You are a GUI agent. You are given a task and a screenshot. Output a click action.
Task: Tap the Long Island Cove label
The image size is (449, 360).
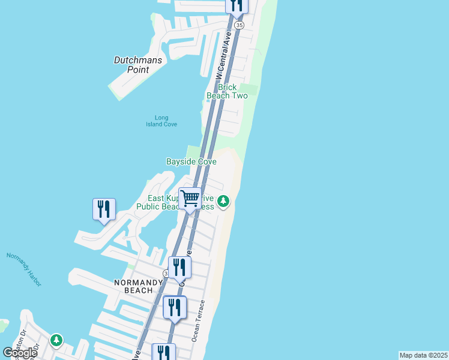[x=157, y=121]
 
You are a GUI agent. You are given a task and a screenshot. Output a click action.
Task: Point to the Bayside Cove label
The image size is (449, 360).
[x=191, y=161]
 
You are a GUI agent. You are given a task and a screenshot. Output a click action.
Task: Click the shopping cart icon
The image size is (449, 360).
[x=190, y=198]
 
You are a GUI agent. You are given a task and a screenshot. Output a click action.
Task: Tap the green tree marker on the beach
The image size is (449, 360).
[x=223, y=201]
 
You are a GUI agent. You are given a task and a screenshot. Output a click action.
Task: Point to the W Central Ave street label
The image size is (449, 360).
[x=223, y=55]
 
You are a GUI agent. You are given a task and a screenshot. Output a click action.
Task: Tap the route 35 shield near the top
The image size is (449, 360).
[x=240, y=25]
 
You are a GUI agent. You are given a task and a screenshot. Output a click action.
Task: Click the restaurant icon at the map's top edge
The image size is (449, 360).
[x=237, y=5]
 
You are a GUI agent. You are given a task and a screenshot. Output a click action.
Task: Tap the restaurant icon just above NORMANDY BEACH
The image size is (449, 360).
[x=179, y=267]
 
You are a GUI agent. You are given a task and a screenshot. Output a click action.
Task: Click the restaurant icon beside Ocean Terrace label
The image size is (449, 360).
[x=175, y=307]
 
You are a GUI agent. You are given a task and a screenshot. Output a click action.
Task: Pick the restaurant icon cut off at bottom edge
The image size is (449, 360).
[x=163, y=352]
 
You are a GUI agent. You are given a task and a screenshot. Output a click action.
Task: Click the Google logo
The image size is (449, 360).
[x=20, y=352]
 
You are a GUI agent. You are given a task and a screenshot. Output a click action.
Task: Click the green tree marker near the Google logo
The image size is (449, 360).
[x=56, y=340]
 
